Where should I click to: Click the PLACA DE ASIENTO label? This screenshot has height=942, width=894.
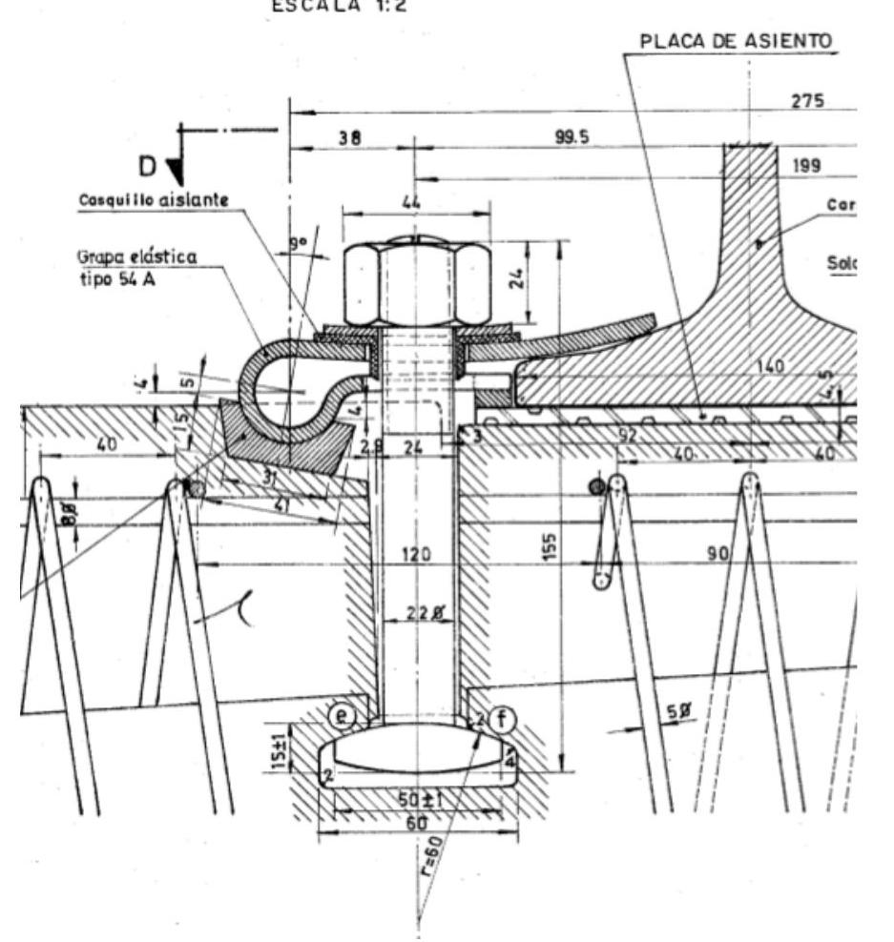737,42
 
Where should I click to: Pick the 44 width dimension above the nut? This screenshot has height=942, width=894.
413,202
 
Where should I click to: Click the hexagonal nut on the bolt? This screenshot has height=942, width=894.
416,283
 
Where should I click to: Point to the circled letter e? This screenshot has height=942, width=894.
341,714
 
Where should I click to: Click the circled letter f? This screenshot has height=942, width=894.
500,718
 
